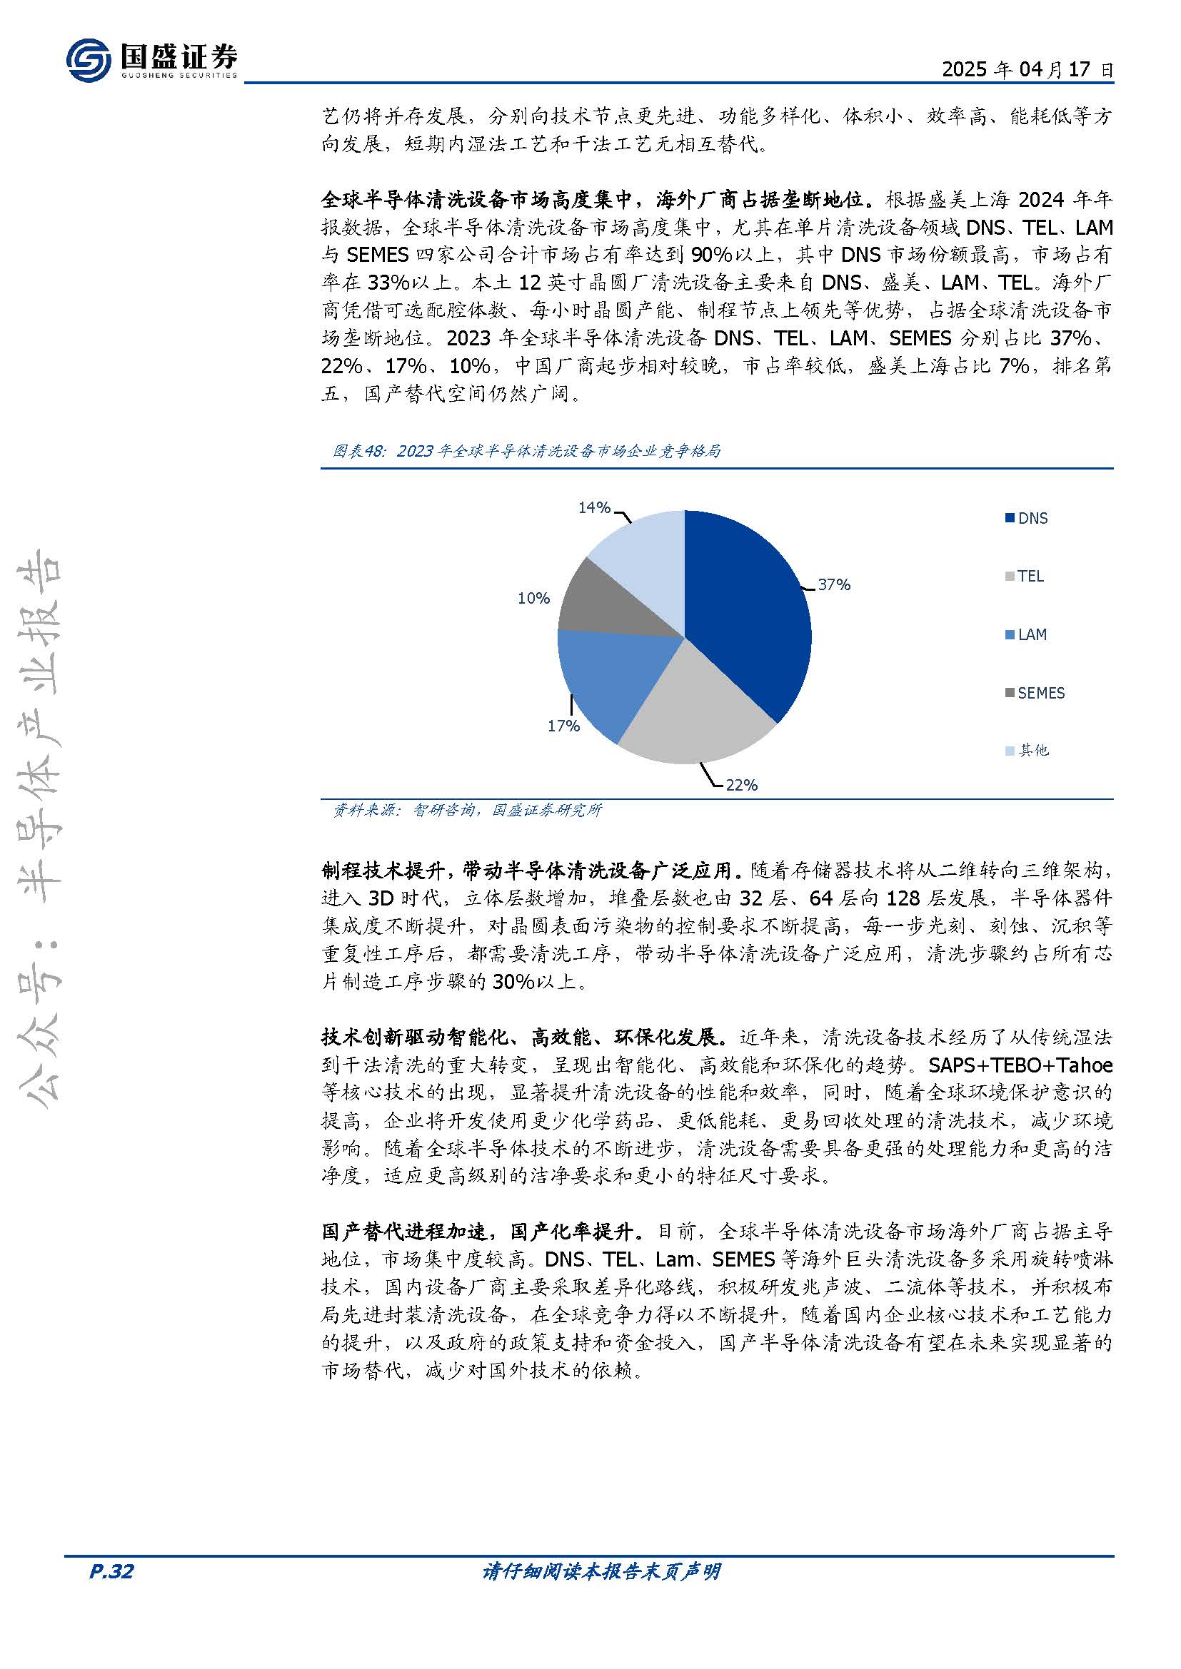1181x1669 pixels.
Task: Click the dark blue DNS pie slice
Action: click(749, 611)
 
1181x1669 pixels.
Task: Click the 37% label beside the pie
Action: click(833, 585)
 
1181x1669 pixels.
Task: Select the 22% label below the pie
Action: click(741, 785)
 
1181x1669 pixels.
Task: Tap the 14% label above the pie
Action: click(593, 508)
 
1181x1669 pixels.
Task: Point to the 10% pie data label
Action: click(533, 598)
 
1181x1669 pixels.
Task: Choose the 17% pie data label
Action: click(563, 726)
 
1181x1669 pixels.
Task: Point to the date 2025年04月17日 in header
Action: click(1027, 69)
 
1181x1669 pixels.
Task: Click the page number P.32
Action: click(111, 1571)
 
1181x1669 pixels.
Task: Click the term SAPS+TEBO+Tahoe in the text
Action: click(1020, 1065)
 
